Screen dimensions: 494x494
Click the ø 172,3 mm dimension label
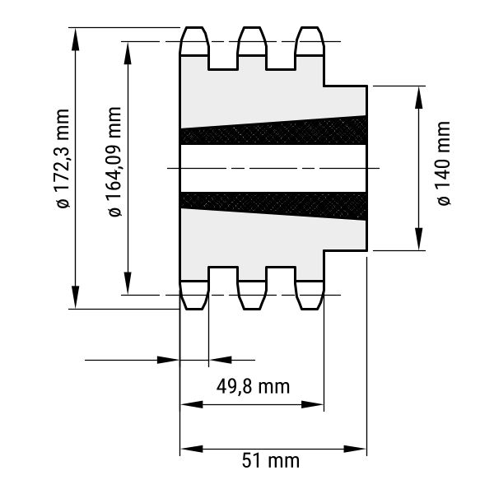tap(62, 158)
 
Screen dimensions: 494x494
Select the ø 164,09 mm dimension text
tap(114, 161)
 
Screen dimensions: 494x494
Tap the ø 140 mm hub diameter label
tap(445, 163)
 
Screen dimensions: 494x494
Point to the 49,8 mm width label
tap(253, 387)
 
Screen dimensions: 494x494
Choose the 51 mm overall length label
tap(271, 460)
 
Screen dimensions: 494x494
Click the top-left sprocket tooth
tap(194, 41)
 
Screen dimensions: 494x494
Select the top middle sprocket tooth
tap(252, 41)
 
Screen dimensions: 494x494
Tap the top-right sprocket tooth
tap(310, 41)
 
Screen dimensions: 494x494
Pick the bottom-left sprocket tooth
tap(194, 296)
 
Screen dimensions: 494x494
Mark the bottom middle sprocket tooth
tap(252, 296)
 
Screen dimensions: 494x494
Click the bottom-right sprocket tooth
tap(310, 296)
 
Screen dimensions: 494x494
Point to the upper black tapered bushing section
tap(273, 133)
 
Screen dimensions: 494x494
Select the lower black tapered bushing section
tap(273, 204)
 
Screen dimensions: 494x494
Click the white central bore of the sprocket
tap(273, 168)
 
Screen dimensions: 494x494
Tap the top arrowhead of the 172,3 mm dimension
tap(75, 39)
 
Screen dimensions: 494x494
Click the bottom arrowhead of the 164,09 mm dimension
tap(128, 283)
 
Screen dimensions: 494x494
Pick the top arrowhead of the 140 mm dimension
tap(418, 97)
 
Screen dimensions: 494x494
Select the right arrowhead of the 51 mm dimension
tap(355, 449)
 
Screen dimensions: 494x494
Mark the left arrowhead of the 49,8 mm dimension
tap(192, 404)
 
